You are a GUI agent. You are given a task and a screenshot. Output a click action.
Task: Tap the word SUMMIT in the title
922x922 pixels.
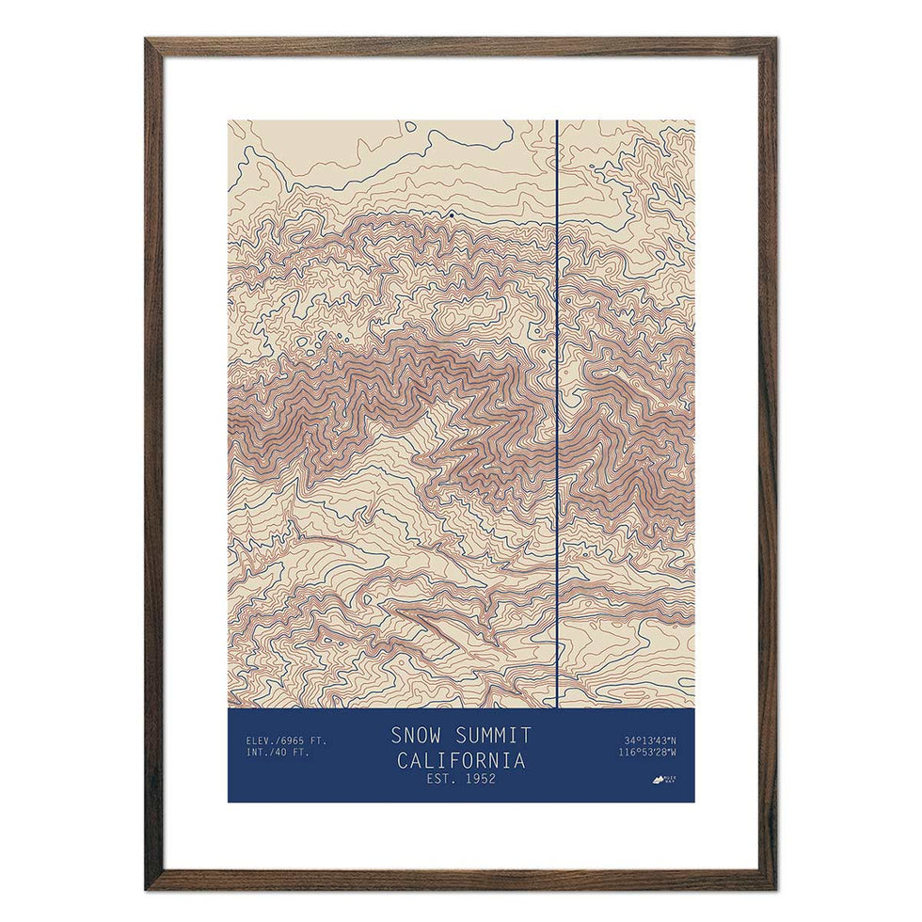click(493, 735)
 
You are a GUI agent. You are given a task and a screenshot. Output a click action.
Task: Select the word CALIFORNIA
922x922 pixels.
click(461, 759)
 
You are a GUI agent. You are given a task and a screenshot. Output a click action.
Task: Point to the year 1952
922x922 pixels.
click(478, 779)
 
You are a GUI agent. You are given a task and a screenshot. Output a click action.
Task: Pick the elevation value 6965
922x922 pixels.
click(294, 740)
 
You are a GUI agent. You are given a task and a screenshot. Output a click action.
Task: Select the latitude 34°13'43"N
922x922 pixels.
click(651, 740)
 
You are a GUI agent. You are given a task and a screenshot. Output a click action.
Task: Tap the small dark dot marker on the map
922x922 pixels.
click(451, 215)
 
